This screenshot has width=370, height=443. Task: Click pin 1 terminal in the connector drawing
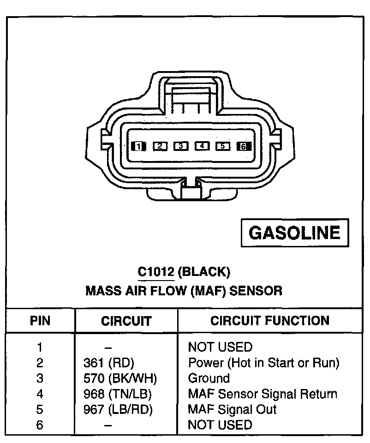coord(138,147)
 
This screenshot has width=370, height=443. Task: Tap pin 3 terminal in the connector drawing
coord(181,146)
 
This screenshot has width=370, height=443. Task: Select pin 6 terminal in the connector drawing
coord(243,147)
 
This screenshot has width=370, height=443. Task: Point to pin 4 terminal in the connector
coord(202,146)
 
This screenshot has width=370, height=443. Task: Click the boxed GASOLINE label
coord(294,233)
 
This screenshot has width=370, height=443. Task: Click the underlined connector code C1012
coord(156,272)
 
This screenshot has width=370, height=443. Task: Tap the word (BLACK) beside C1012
coord(203,272)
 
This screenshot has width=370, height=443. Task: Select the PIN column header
coord(40,321)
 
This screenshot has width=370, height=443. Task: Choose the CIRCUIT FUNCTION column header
coord(270,321)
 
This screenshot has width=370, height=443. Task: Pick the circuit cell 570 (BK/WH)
coord(117,379)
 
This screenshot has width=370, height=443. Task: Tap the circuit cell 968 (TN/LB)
coord(114,394)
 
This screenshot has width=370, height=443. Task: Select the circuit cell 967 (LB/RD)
coord(115,409)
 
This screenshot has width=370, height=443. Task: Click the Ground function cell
coord(209,379)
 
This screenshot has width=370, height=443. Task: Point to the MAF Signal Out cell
coord(232,409)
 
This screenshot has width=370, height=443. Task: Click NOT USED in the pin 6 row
coord(220,425)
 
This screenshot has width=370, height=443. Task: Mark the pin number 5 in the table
coord(40,409)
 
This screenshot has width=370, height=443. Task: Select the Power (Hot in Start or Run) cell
coord(263,363)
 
